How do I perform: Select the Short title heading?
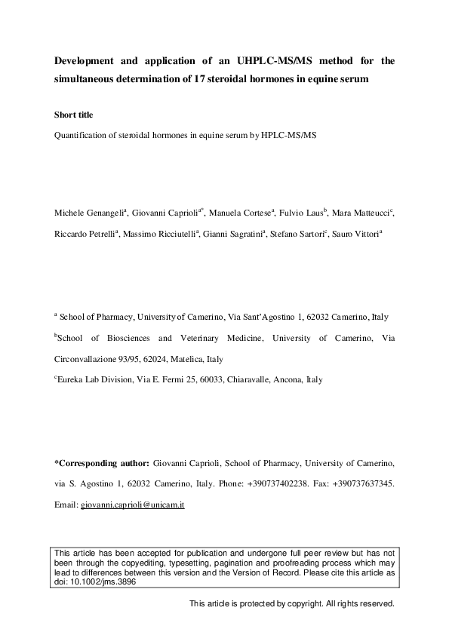pyautogui.click(x=74, y=115)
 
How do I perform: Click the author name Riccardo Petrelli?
pyautogui.click(x=84, y=234)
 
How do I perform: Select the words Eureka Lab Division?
pyautogui.click(x=92, y=380)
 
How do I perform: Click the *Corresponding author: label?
pyautogui.click(x=102, y=462)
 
